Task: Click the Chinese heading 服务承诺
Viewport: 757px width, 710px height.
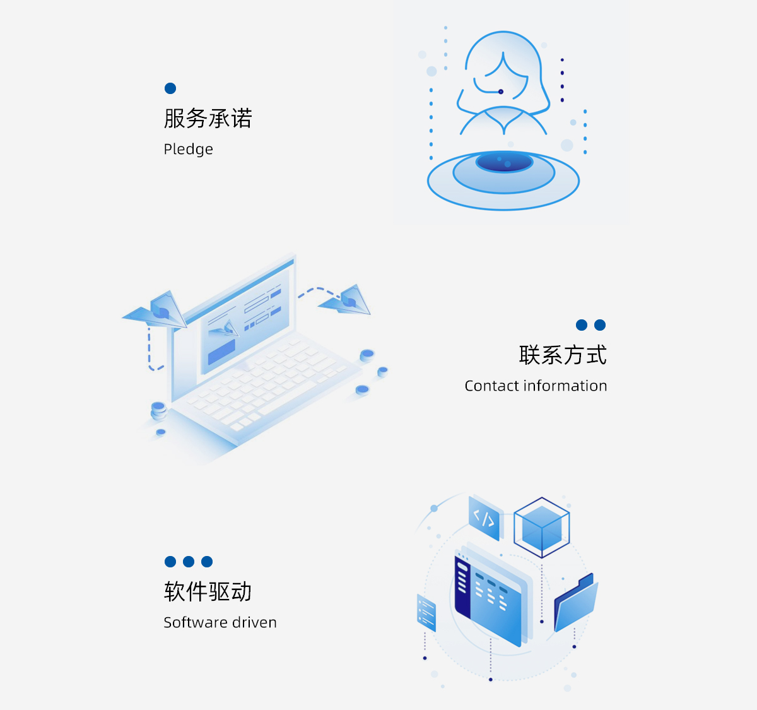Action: [208, 119]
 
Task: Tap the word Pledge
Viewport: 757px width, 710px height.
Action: [188, 150]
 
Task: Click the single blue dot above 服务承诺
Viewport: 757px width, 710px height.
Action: [170, 88]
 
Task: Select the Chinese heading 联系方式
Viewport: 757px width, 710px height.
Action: [563, 355]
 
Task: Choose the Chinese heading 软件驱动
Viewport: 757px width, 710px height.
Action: [208, 592]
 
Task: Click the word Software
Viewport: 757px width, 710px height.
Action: [194, 622]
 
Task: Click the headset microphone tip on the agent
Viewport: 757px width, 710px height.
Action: [501, 92]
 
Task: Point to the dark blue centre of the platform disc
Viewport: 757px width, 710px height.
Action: [503, 162]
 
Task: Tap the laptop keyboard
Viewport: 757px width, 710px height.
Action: [265, 379]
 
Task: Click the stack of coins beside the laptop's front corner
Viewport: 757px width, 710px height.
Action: [158, 410]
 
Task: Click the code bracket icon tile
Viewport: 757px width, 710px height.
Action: [484, 519]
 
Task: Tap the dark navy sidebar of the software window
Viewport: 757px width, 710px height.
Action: [462, 584]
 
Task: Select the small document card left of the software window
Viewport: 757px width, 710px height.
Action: [426, 611]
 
